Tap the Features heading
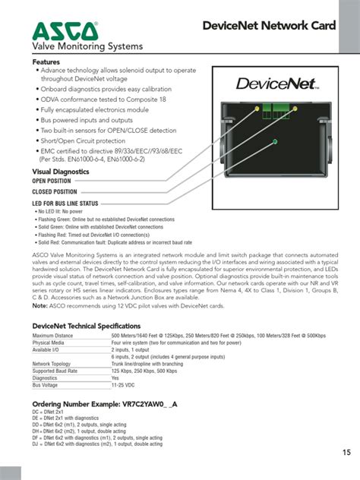(x=46, y=62)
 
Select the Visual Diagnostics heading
(x=60, y=172)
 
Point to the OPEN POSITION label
(x=51, y=182)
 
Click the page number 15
(x=346, y=453)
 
